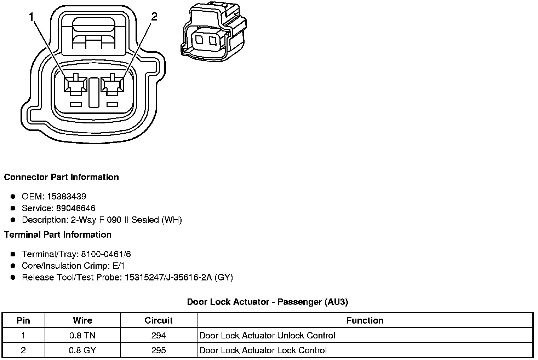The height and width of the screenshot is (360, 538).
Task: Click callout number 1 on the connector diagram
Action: tap(32, 16)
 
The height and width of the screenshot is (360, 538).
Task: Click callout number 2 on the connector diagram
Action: tap(154, 16)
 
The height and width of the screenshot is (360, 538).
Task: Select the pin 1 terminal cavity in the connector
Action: tap(75, 85)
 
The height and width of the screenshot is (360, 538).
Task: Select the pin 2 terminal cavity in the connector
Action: tap(112, 85)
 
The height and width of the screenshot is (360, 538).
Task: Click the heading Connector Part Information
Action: tap(61, 177)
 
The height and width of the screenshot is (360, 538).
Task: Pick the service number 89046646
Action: tap(75, 208)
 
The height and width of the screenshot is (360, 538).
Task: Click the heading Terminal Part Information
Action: tap(58, 235)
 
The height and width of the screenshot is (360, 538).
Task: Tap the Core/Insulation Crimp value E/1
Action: tap(118, 266)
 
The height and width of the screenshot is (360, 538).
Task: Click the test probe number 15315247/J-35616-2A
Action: tap(168, 278)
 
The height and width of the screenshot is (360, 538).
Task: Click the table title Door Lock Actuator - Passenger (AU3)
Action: tap(268, 302)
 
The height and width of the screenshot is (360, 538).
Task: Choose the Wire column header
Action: tap(82, 320)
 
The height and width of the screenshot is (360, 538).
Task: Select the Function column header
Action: tap(365, 320)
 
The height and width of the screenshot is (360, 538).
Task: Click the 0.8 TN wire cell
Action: tap(82, 336)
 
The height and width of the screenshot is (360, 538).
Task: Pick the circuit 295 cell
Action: tap(159, 350)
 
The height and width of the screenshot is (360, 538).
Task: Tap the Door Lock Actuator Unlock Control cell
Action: tap(267, 336)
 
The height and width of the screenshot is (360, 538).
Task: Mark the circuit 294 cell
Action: tap(159, 336)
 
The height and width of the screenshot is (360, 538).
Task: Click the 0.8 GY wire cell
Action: tap(82, 350)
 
